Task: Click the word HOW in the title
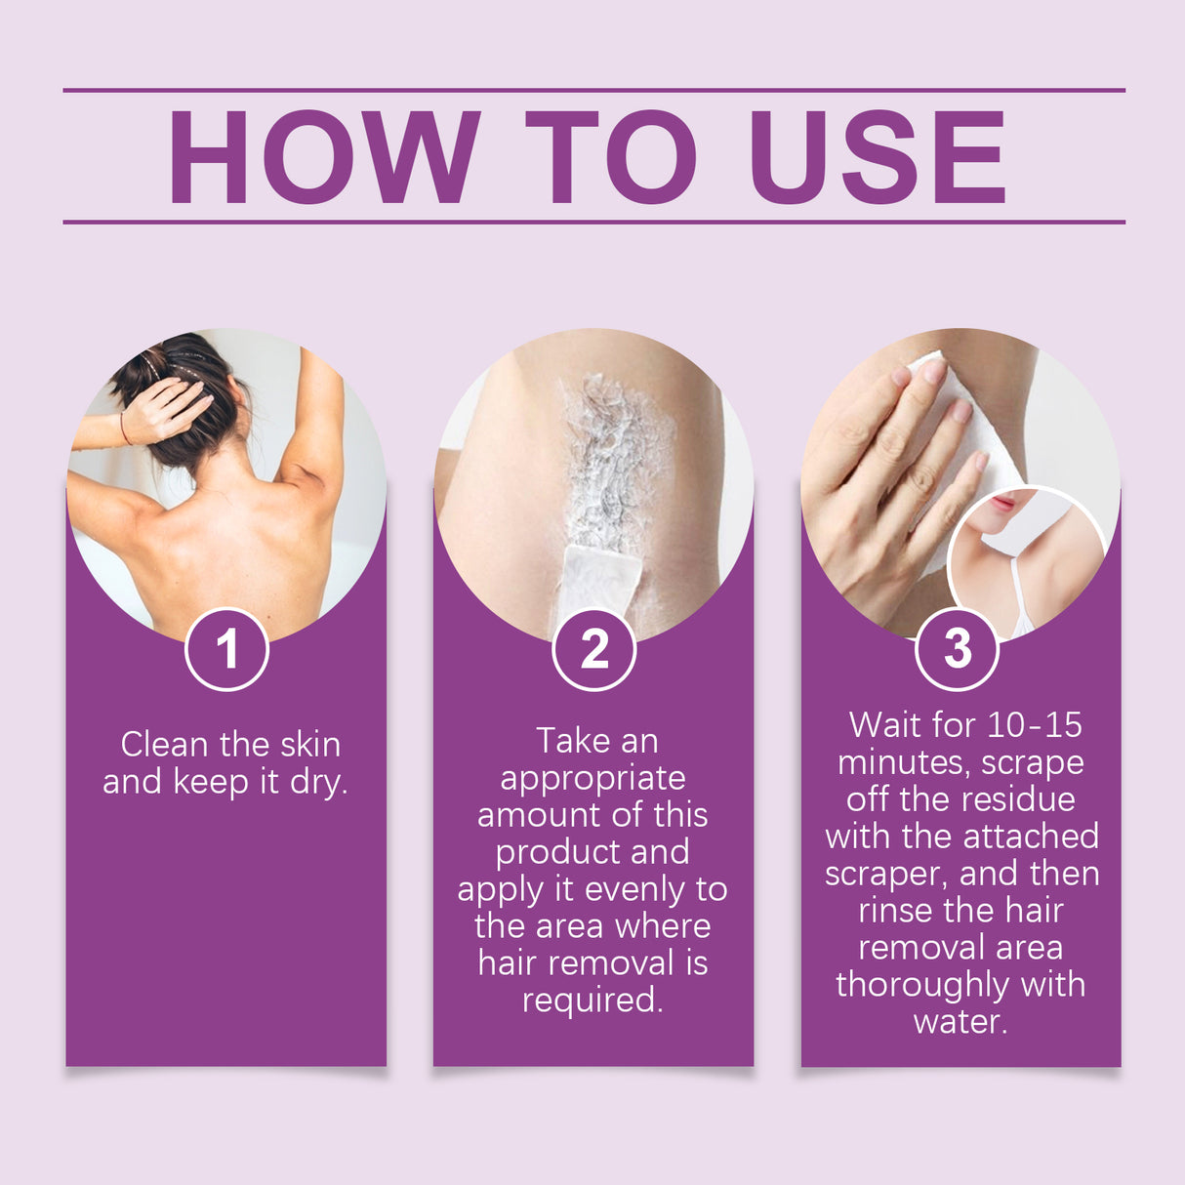pyautogui.click(x=323, y=157)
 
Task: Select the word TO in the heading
pyautogui.click(x=610, y=157)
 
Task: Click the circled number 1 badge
pyautogui.click(x=227, y=649)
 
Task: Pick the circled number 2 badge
pyautogui.click(x=593, y=649)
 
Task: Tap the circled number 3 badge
pyautogui.click(x=958, y=649)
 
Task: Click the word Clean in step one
pyautogui.click(x=165, y=745)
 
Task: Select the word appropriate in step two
pyautogui.click(x=592, y=779)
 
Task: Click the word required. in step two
pyautogui.click(x=592, y=1001)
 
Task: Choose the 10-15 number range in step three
pyautogui.click(x=1034, y=725)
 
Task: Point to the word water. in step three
pyautogui.click(x=960, y=1022)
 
